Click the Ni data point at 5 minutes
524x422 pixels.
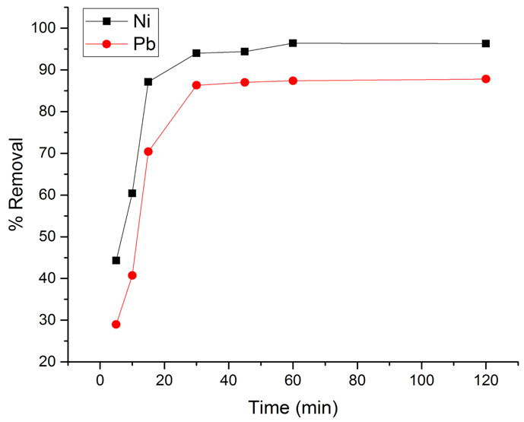pos(116,260)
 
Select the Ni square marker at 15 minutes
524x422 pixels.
pos(148,81)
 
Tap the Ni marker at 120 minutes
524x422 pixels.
pos(486,43)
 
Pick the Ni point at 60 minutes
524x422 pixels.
pos(293,43)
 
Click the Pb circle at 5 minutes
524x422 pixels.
pos(116,324)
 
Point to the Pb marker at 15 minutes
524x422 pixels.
pos(148,151)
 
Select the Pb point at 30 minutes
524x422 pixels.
pos(196,85)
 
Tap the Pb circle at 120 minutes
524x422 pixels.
pos(486,79)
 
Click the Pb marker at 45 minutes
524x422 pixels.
pos(245,82)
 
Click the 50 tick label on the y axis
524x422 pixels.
pos(52,236)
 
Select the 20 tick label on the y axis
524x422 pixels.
pos(52,362)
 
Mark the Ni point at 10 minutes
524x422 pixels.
pos(132,193)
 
